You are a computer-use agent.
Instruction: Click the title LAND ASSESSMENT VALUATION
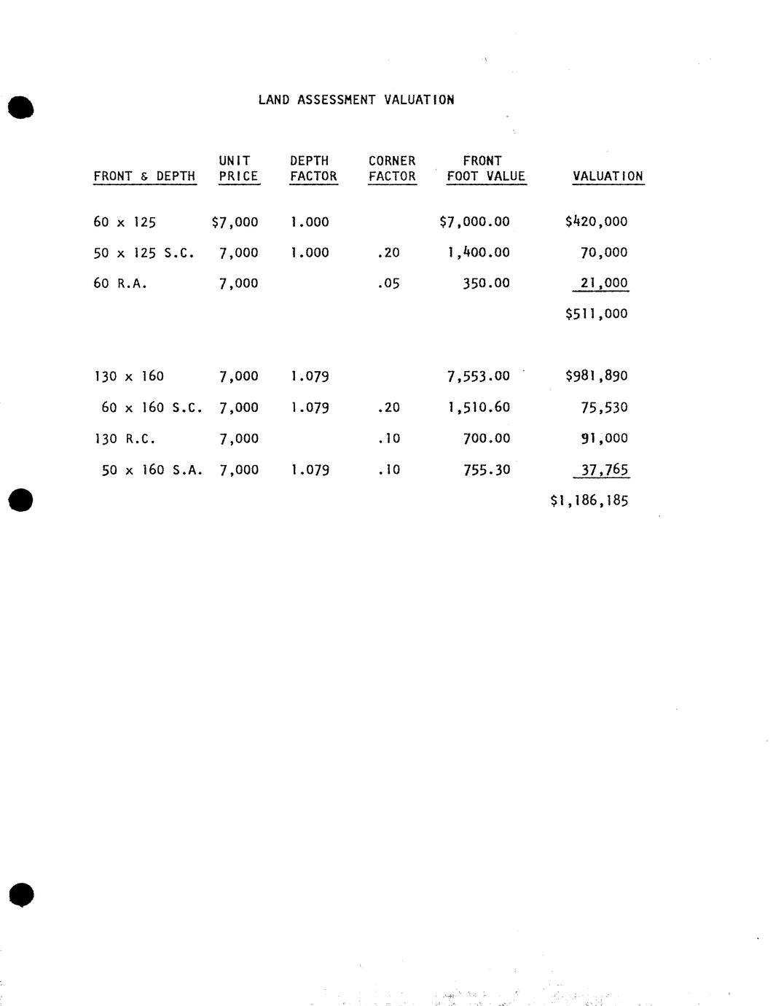356,100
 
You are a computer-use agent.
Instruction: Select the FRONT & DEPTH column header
144,176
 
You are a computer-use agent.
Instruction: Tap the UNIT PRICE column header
238,168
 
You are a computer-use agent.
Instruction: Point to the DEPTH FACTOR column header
313,168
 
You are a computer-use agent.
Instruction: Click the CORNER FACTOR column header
392,168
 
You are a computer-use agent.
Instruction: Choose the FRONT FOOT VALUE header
486,168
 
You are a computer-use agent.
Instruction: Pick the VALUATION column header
608,176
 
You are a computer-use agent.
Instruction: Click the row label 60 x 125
125,222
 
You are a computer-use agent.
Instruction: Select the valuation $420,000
596,222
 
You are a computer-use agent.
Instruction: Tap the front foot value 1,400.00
479,253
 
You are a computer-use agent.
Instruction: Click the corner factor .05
388,284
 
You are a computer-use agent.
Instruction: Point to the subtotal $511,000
596,314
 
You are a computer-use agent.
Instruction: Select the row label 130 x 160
129,377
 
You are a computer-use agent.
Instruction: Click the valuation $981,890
596,376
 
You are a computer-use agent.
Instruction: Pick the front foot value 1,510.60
479,408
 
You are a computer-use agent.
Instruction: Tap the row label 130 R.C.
125,439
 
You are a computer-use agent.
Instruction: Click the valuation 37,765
604,469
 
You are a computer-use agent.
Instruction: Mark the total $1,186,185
589,501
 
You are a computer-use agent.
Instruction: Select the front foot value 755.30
487,470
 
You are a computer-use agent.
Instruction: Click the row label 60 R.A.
120,284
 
